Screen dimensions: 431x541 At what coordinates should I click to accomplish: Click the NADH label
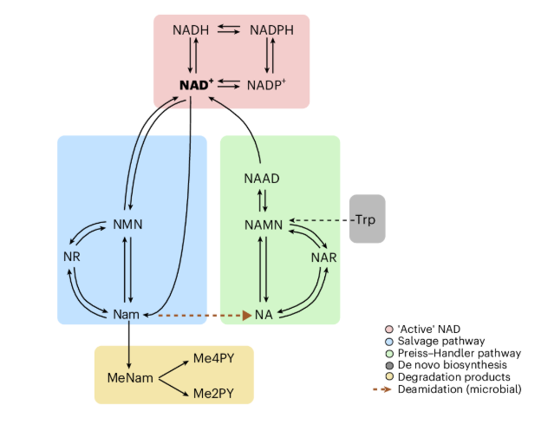tap(191, 30)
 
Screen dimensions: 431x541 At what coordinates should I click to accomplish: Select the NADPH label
tap(271, 30)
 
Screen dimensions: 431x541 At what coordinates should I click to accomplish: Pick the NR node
tap(71, 258)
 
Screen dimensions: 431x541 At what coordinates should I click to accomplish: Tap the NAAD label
tap(261, 179)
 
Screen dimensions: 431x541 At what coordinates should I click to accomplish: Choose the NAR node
tap(323, 258)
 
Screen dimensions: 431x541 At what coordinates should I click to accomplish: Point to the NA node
tap(264, 313)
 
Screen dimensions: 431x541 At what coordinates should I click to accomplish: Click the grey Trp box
tap(368, 219)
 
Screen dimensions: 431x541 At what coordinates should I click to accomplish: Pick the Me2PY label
tap(212, 394)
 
